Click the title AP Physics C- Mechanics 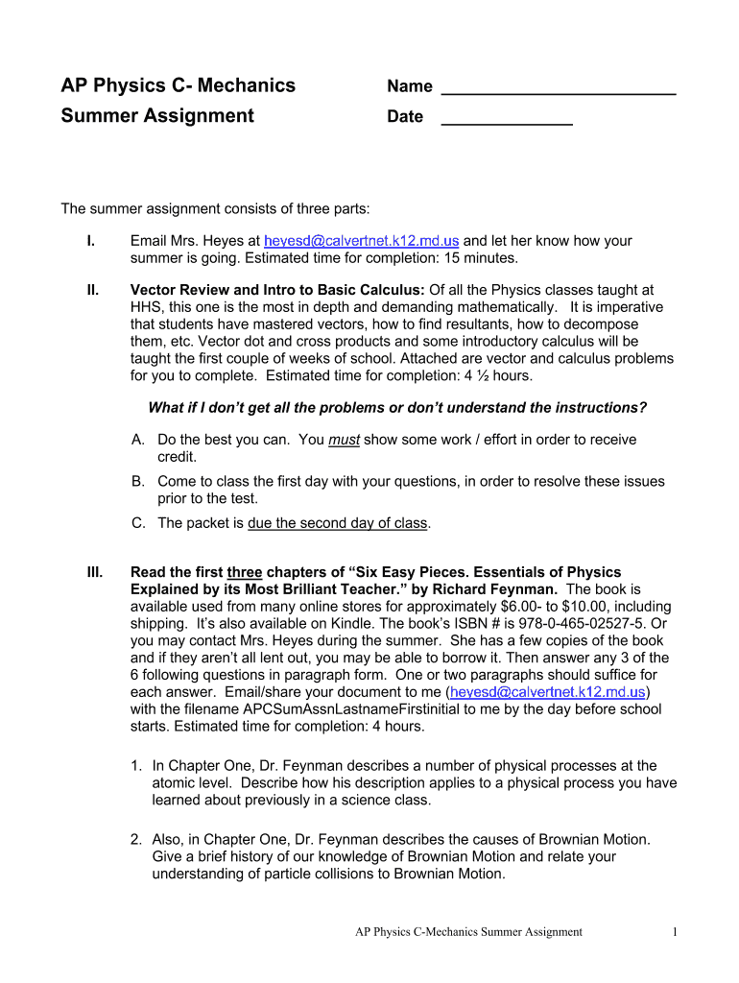click(x=179, y=85)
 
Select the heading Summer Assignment click(x=157, y=116)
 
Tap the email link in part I click(x=362, y=241)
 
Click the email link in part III click(x=549, y=691)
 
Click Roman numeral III click(x=94, y=572)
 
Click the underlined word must click(x=343, y=440)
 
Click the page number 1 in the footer click(x=676, y=931)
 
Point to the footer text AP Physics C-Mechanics click(x=468, y=931)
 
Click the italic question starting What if click(x=397, y=408)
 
